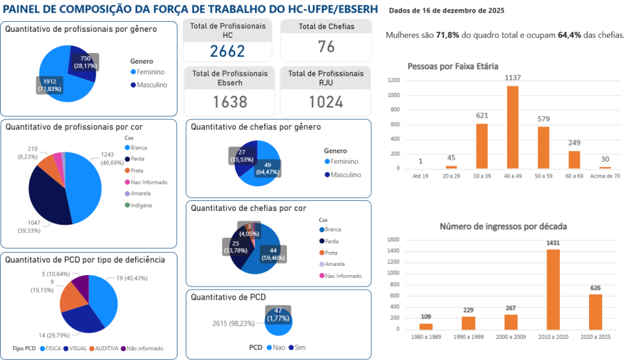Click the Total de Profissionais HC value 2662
coord(227,50)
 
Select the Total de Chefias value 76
coord(325,46)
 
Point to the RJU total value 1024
coord(325,101)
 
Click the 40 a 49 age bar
coord(512,127)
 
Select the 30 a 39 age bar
coord(482,146)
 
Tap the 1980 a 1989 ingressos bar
coord(425,326)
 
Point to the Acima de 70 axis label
coord(605,176)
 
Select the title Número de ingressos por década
coord(503,227)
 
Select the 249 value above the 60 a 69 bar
coord(574,143)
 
